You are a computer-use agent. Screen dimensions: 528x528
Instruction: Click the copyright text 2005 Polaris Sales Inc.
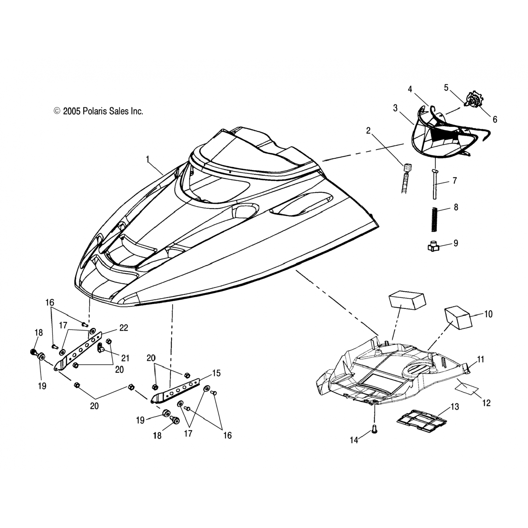pos(99,111)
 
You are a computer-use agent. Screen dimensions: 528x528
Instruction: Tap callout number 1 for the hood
pos(148,159)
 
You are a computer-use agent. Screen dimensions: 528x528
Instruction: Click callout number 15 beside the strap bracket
pos(216,373)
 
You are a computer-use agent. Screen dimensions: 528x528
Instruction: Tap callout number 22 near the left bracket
pos(124,327)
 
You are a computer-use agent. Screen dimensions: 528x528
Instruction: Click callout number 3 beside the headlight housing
pos(395,108)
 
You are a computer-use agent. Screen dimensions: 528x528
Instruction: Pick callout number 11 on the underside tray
pos(480,359)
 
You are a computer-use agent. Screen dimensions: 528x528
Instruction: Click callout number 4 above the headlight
pos(410,89)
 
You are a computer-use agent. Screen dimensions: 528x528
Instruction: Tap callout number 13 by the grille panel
pos(455,407)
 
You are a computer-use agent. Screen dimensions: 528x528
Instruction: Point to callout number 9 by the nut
pos(455,243)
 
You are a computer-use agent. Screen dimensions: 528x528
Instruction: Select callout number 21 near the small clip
pos(125,358)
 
